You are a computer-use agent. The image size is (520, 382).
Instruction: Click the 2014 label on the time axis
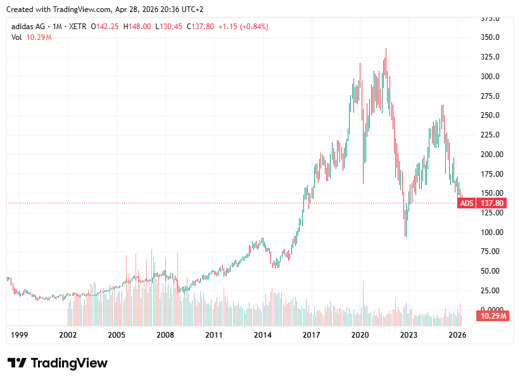[263, 334]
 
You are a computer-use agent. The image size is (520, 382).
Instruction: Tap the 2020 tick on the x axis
[360, 334]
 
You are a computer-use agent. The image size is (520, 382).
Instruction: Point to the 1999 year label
[20, 334]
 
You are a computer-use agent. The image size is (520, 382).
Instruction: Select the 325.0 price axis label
[490, 57]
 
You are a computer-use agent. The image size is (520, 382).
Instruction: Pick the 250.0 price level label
[490, 115]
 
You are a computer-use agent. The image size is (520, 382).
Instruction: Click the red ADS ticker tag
[466, 203]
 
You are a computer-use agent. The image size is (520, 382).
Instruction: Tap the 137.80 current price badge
[492, 203]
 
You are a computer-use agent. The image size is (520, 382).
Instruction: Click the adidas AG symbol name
[29, 27]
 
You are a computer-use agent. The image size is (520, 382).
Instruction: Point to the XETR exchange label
[75, 27]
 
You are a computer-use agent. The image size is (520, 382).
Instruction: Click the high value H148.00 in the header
[137, 27]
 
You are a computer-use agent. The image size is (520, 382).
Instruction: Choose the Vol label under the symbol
[16, 37]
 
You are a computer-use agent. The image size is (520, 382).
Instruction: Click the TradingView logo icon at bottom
[17, 363]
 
